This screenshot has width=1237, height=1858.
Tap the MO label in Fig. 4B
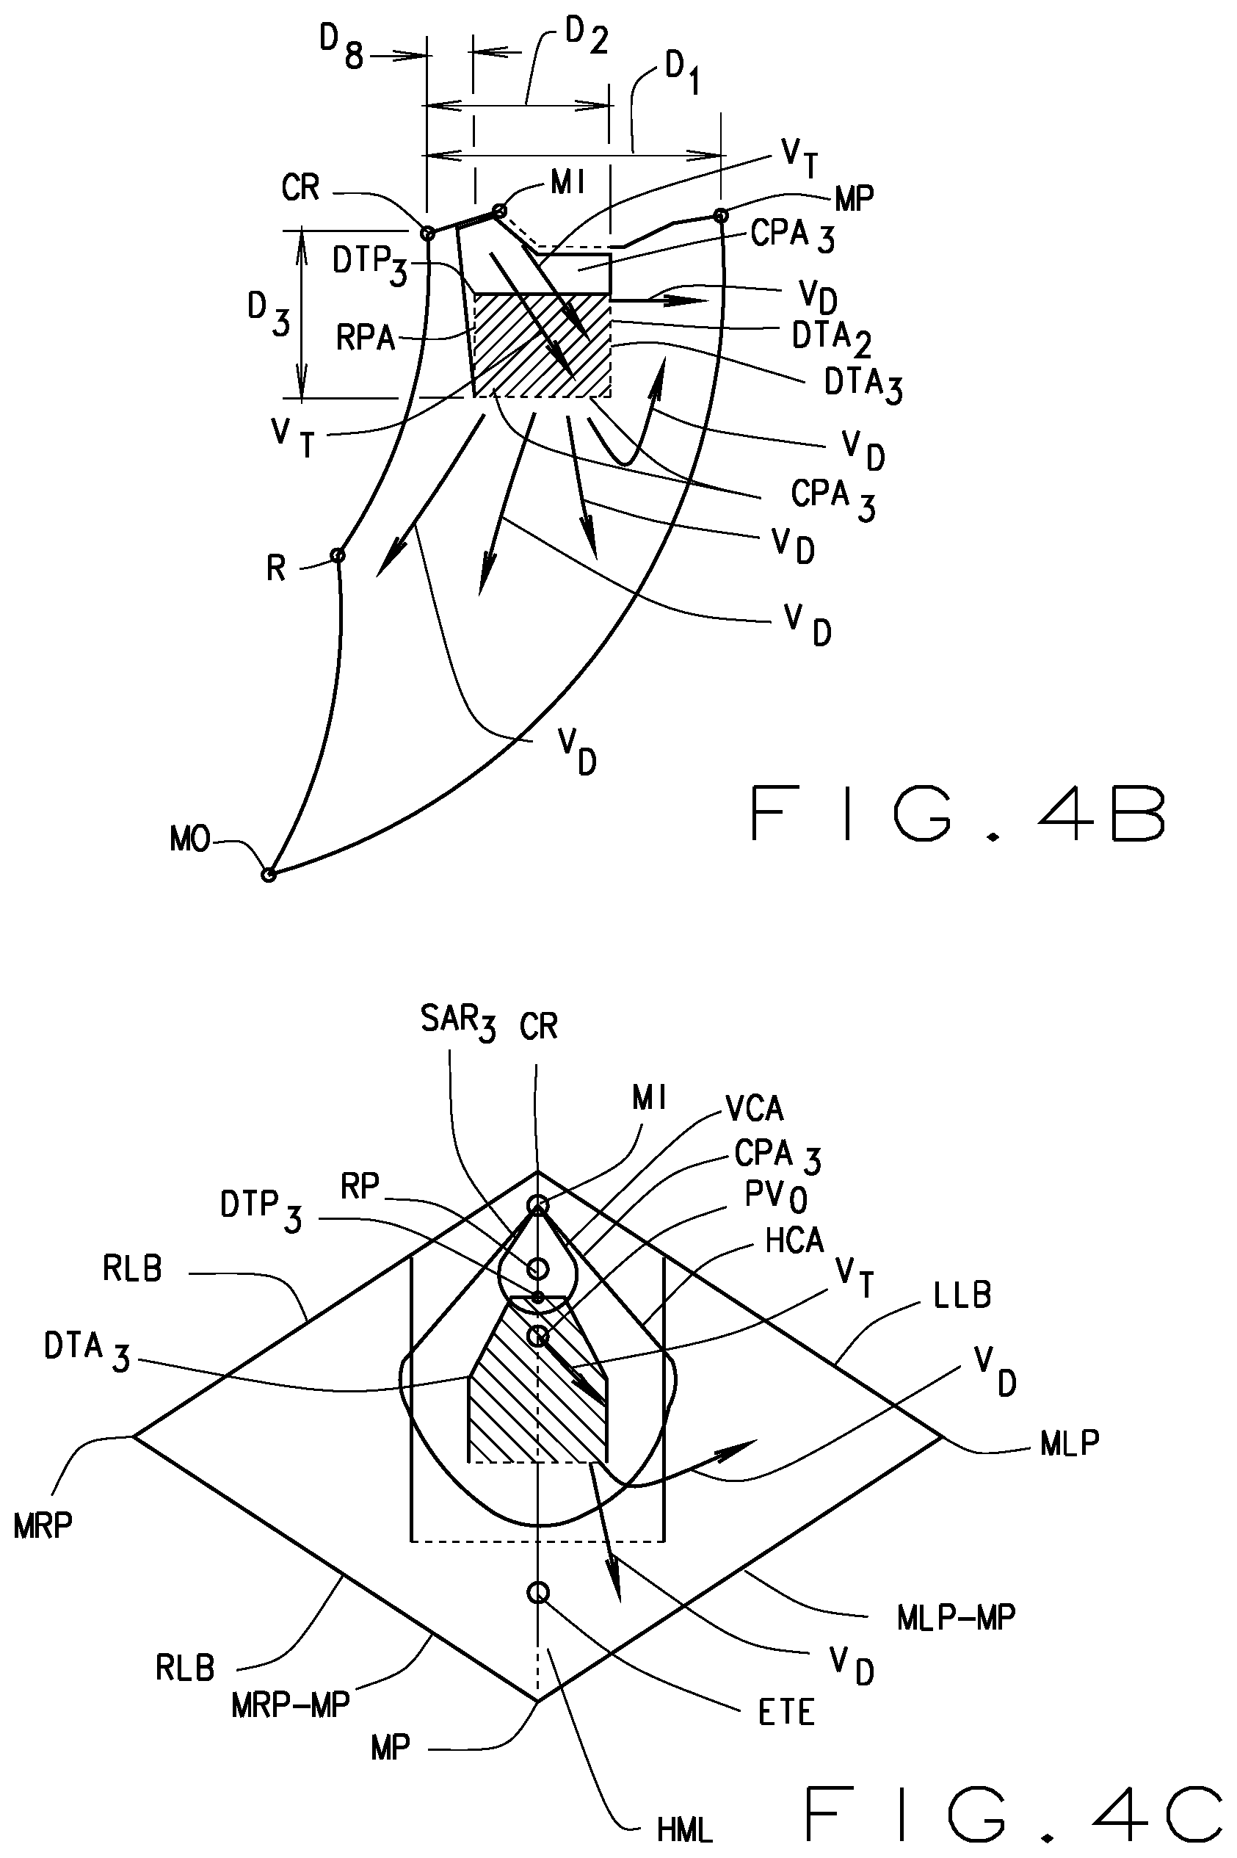190,840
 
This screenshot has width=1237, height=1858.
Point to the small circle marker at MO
268,874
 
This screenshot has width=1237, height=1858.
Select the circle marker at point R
338,555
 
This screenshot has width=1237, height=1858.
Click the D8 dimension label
341,50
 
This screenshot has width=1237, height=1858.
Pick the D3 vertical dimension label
268,314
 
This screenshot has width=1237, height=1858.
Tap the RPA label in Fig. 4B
366,339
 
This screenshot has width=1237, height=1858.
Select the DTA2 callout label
831,338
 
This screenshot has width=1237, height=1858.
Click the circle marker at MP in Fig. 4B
720,214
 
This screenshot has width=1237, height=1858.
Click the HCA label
794,1242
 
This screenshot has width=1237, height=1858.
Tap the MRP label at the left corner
43,1527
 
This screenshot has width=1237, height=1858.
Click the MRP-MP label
289,1706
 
